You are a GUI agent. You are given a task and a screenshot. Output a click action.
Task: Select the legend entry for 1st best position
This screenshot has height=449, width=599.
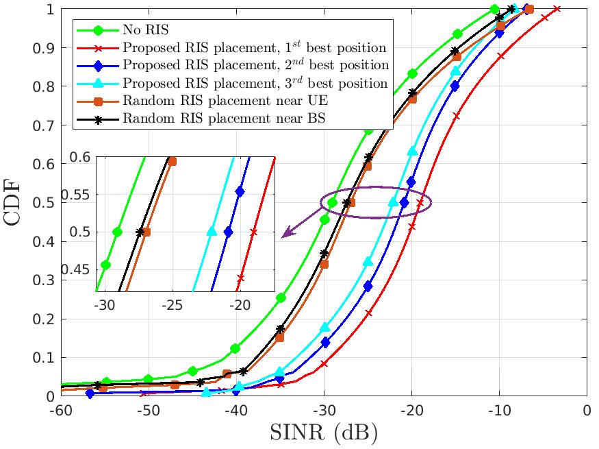[x=255, y=48]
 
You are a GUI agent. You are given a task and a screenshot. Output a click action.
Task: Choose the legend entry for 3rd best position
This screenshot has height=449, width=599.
[x=255, y=84]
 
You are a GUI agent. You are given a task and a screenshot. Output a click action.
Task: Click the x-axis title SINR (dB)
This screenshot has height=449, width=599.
[x=324, y=433]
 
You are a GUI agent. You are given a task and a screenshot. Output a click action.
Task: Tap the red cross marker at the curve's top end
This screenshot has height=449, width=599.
[x=557, y=9]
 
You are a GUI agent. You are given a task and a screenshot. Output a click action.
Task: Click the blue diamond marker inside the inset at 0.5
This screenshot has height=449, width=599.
[x=228, y=232]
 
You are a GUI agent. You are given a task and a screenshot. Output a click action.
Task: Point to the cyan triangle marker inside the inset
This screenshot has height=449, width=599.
[x=212, y=232]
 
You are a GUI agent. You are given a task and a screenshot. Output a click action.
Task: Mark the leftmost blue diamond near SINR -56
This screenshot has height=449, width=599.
[x=90, y=393]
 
